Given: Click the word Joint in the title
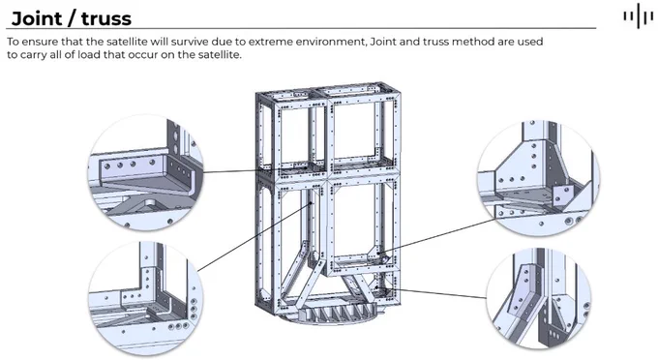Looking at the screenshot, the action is pos(37,18).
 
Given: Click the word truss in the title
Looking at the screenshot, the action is pos(106,19).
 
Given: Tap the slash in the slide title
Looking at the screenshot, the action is pos(72,18).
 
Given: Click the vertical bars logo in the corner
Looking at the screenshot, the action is pos(638,15).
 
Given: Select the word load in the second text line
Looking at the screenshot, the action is pos(89,55).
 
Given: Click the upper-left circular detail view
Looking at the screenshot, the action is pos(145,172).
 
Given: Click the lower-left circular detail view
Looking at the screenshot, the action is pos(145,298).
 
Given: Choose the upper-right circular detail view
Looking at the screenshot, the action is pos(538,178).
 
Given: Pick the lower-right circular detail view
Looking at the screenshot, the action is pos(539,298).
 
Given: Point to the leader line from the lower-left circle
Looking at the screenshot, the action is pos(254,237).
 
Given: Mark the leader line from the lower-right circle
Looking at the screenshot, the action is pos(432,292).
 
